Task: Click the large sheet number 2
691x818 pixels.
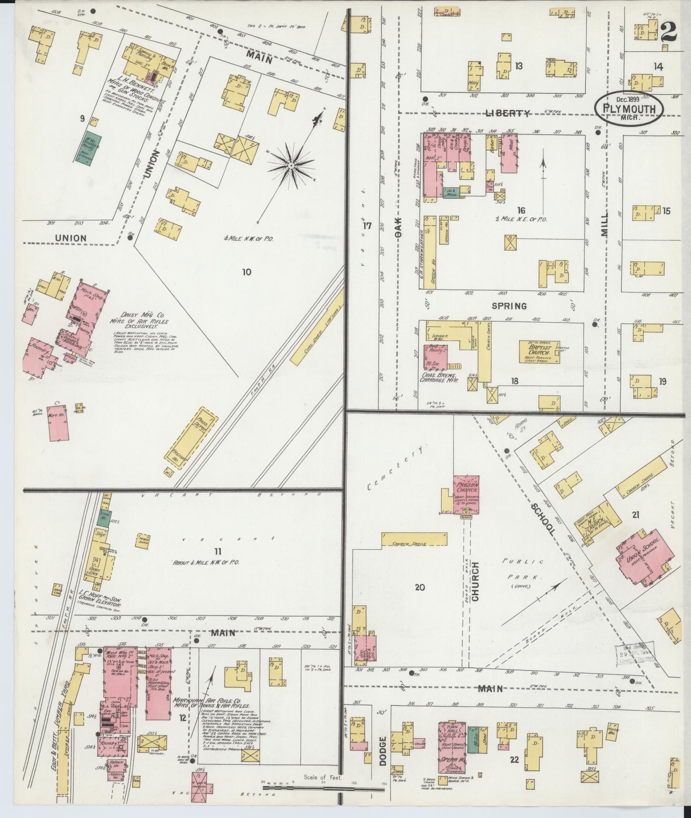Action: point(669,32)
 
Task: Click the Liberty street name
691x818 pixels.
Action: point(508,113)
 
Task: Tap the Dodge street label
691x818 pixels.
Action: point(384,750)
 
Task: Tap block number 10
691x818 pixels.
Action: point(246,272)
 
